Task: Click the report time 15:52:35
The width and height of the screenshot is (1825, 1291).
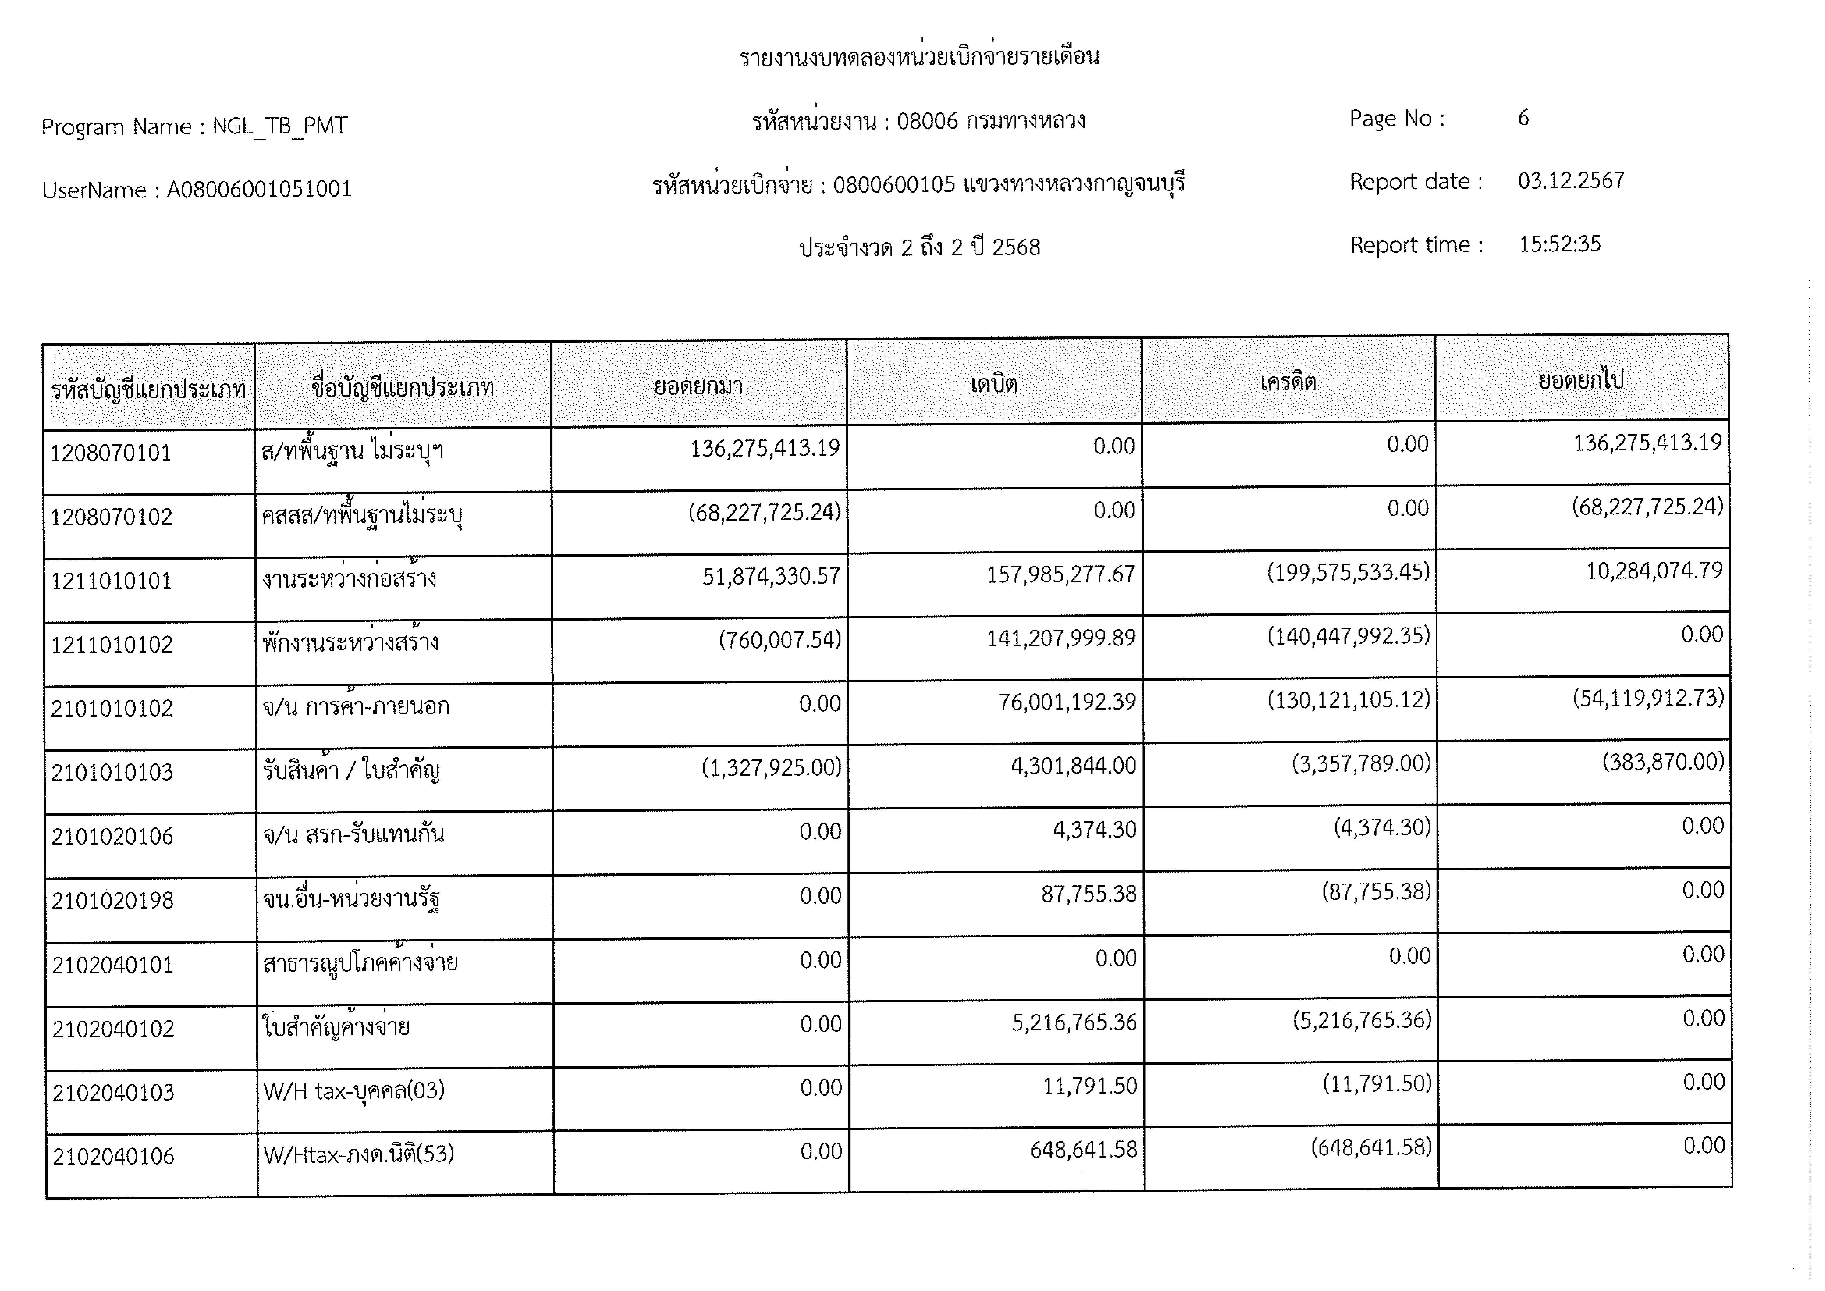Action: tap(1559, 244)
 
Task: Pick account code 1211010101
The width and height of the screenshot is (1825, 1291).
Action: tap(111, 581)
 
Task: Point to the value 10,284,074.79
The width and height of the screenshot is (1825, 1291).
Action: tap(1654, 571)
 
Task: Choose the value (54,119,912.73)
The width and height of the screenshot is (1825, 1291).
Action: tap(1648, 698)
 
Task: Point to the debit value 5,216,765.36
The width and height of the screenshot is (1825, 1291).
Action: tap(1074, 1022)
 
